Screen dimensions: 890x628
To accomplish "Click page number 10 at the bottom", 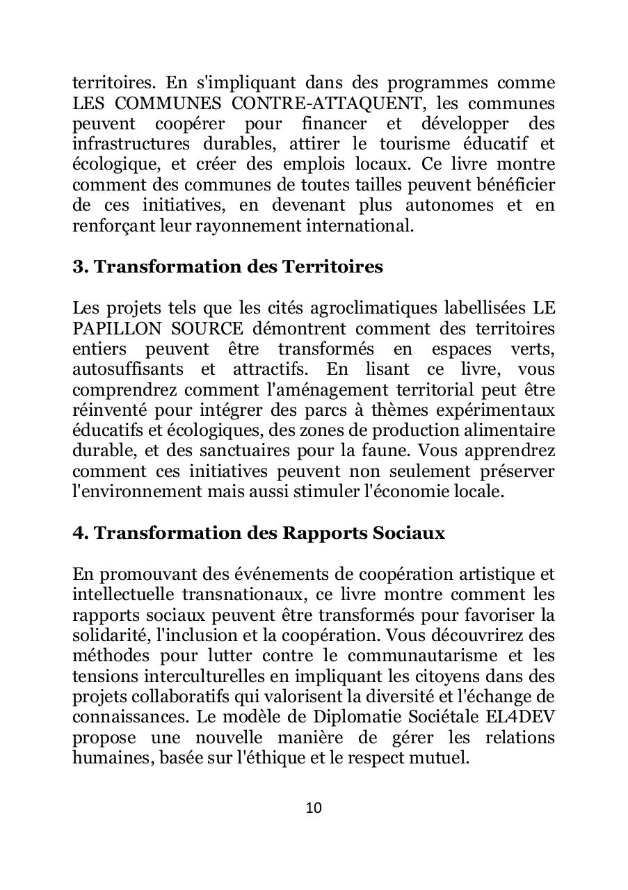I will point(314,807).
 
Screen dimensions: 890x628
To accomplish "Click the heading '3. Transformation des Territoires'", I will point(227,267).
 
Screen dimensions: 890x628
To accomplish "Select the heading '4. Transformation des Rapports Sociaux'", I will point(259,533).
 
